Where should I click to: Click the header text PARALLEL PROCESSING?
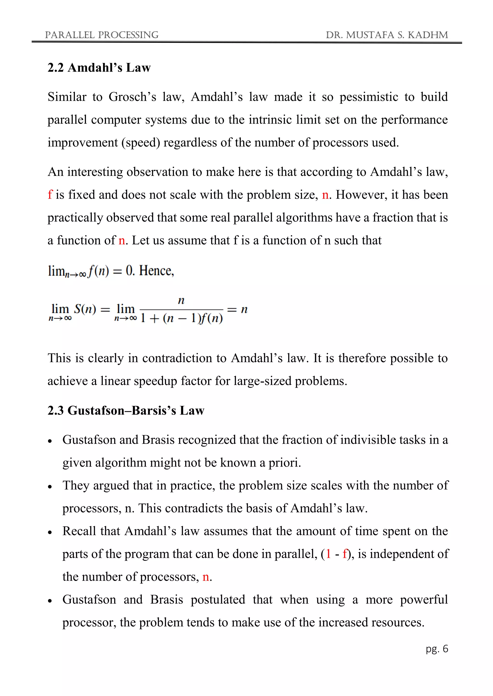(x=101, y=35)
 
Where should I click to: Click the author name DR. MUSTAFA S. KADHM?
(x=387, y=35)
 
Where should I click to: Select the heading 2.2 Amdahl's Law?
(x=99, y=68)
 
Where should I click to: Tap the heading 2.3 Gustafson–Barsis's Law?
(x=126, y=410)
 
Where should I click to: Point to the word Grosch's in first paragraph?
(x=132, y=97)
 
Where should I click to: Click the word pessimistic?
(x=369, y=97)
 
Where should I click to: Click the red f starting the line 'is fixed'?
(x=50, y=195)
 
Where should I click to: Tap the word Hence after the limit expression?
(x=156, y=271)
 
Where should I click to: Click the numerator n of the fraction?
(x=181, y=300)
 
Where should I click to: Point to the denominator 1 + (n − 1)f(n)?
(x=182, y=318)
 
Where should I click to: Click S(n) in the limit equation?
(x=85, y=309)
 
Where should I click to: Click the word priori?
(x=285, y=463)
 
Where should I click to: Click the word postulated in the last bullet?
(x=218, y=600)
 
